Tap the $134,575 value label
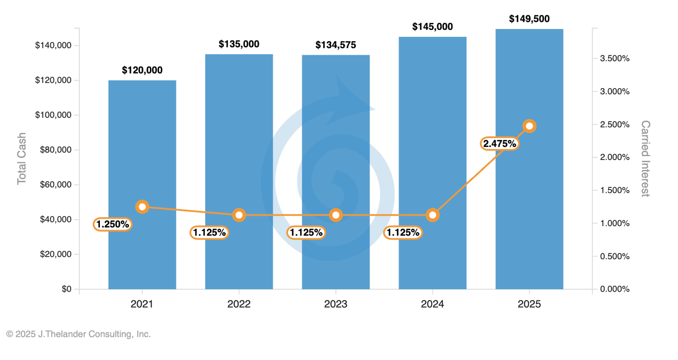[x=336, y=45]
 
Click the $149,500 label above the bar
[x=529, y=19]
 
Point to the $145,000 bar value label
[x=432, y=27]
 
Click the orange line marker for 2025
[x=529, y=126]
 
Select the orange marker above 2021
[x=142, y=207]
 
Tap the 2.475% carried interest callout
[x=499, y=144]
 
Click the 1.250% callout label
[x=112, y=224]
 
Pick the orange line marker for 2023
[x=336, y=215]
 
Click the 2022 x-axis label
[x=239, y=304]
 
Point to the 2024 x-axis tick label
[x=432, y=304]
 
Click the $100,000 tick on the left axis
[x=53, y=115]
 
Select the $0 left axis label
[x=66, y=289]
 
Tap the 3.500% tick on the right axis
[x=615, y=59]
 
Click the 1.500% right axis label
[x=615, y=190]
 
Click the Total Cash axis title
[x=21, y=158]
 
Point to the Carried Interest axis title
[x=645, y=158]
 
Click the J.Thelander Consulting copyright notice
[x=78, y=334]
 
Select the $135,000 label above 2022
[x=239, y=44]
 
